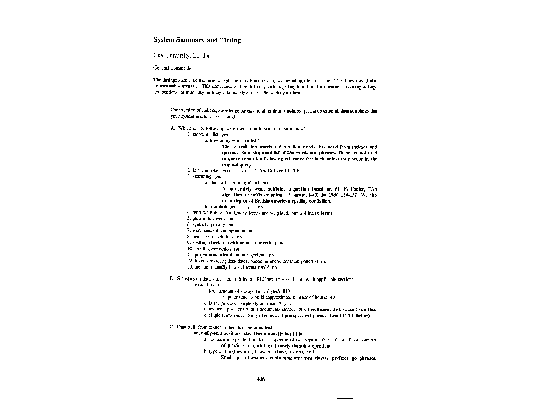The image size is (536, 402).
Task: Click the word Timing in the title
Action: pos(230,40)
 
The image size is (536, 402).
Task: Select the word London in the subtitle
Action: pos(202,55)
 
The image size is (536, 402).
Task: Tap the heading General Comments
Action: pos(172,68)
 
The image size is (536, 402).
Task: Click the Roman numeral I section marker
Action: pos(154,110)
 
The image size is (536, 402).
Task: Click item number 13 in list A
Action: pos(190,267)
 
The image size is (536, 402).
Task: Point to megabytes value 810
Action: pos(286,291)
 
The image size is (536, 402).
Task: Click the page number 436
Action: pos(262,379)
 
